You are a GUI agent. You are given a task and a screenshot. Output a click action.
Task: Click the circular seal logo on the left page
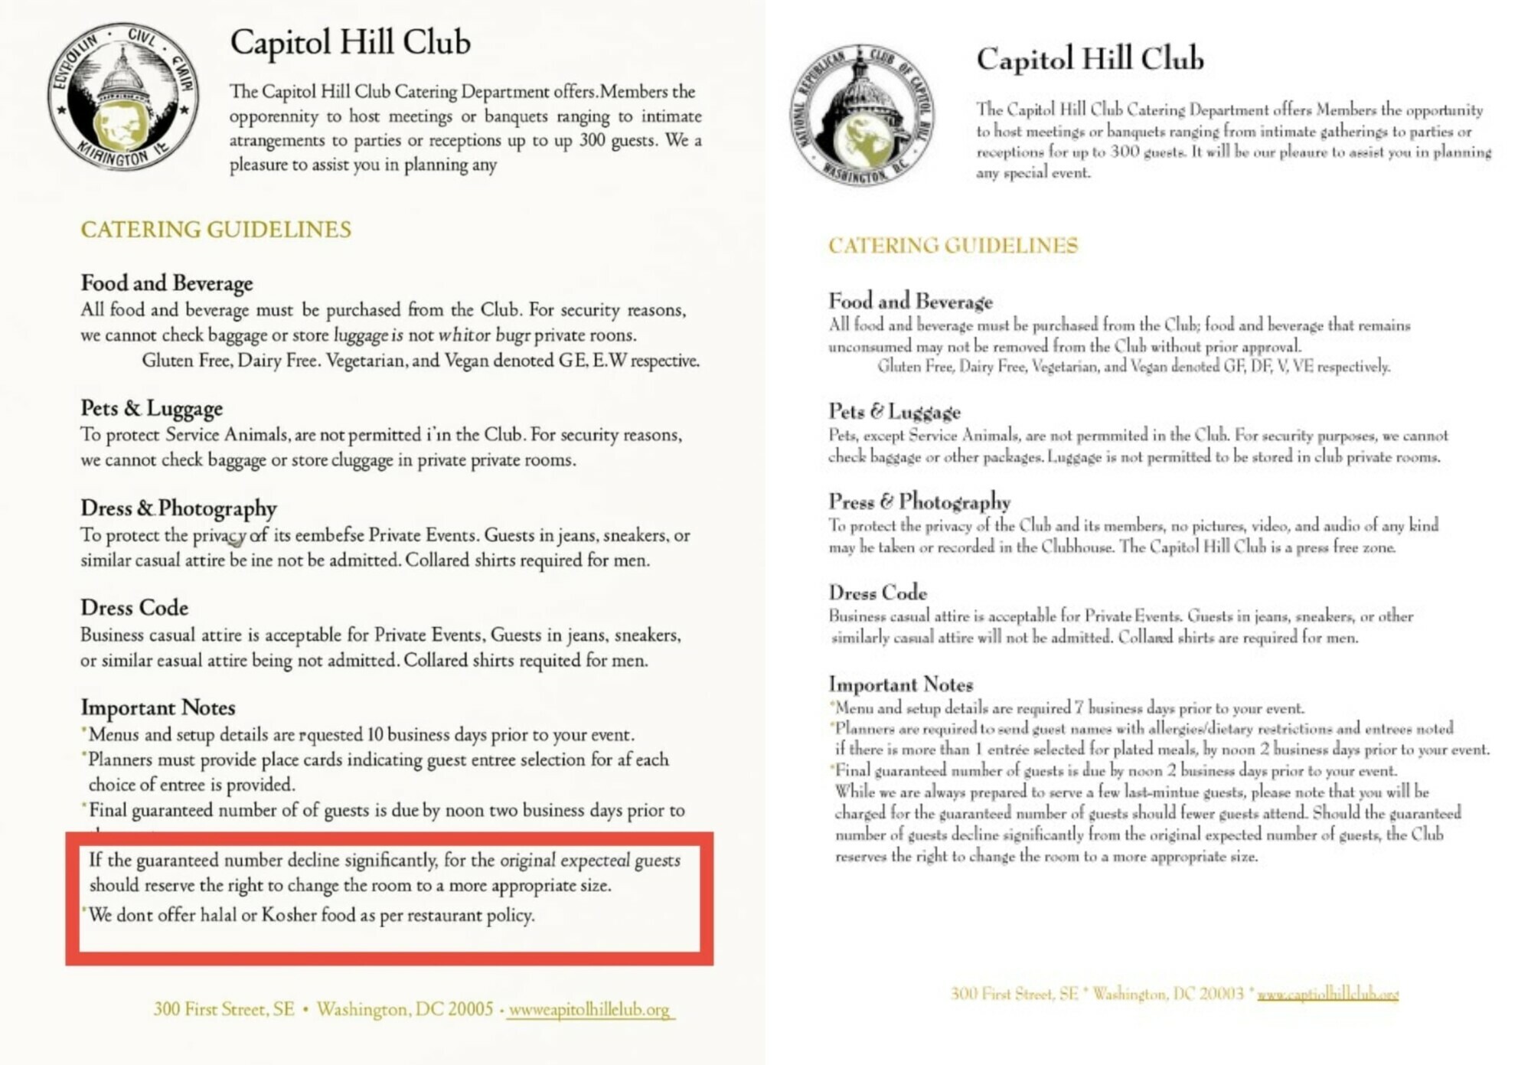click(122, 96)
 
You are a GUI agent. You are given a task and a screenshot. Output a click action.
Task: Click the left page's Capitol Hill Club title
click(350, 43)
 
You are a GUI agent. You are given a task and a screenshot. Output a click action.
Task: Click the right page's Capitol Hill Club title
click(1089, 59)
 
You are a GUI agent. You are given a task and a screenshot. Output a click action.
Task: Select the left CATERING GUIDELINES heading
click(216, 230)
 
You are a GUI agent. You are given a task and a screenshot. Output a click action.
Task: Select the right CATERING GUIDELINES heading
click(953, 246)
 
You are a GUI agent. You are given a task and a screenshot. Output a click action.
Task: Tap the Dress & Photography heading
click(178, 508)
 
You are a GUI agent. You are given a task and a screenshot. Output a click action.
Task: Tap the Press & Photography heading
click(919, 501)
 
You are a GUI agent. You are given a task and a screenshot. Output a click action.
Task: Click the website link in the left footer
click(589, 1010)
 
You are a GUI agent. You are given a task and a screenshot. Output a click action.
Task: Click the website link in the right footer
click(1327, 995)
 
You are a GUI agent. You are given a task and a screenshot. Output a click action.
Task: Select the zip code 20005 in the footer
click(470, 1009)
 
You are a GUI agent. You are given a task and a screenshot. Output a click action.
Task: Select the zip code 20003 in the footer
click(1221, 994)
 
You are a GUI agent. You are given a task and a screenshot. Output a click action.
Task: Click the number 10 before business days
click(374, 735)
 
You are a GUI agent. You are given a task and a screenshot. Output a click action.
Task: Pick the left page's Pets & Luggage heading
click(152, 408)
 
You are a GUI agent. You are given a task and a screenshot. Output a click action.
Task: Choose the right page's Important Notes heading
click(900, 684)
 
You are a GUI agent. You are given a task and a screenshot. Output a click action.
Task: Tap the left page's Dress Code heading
click(134, 608)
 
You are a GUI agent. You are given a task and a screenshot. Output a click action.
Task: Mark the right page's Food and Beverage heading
click(910, 301)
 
